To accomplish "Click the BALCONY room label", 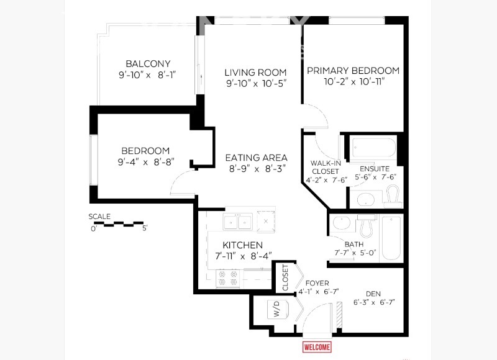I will (148, 64).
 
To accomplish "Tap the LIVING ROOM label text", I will (255, 73).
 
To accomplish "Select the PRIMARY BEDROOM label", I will (353, 71).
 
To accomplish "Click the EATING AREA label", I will (256, 158).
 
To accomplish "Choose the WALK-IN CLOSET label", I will (325, 167).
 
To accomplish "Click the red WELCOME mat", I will (317, 347).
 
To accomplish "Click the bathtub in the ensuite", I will (373, 148).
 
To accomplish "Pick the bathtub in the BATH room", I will (391, 237).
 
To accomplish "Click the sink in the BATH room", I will (340, 223).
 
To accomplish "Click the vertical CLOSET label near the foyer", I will (285, 277).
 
